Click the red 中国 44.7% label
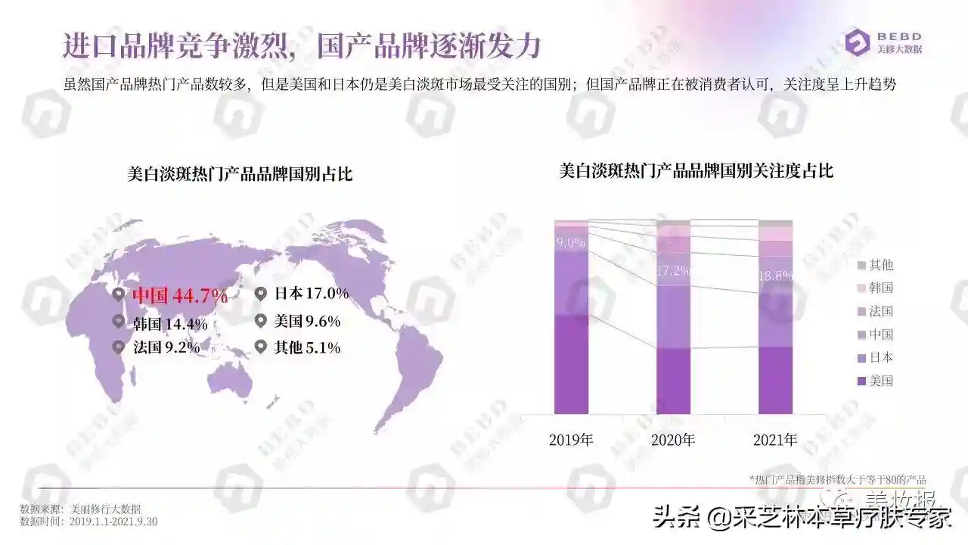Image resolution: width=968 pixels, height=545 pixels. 180,296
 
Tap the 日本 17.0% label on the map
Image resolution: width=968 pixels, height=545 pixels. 311,294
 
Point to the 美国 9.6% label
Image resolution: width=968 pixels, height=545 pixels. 306,321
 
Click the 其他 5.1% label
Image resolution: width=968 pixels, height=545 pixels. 306,347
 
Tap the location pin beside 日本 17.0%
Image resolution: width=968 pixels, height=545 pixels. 261,294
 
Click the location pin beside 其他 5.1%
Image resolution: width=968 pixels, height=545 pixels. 261,347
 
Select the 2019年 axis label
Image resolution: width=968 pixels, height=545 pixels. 571,440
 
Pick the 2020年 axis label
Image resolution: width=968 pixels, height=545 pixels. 673,440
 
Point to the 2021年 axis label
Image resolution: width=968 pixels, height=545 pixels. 775,440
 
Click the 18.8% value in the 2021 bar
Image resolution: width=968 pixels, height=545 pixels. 775,276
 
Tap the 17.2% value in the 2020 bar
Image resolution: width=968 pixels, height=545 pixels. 673,269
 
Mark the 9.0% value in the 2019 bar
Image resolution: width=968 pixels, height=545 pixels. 571,243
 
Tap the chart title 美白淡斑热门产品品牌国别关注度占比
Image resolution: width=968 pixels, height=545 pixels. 696,171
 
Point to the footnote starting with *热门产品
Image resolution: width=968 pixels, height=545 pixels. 837,479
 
